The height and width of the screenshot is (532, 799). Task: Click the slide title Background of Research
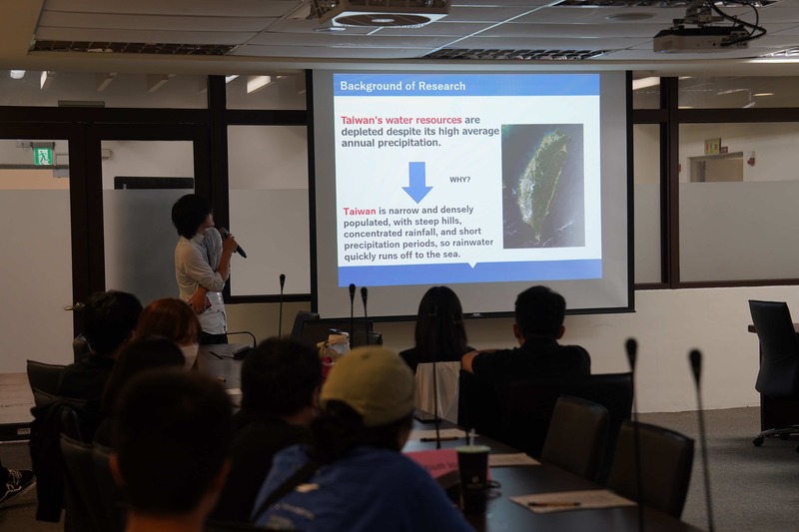[x=402, y=86]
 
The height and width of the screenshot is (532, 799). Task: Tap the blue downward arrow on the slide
[x=417, y=182]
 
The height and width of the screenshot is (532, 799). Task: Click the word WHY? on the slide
[x=459, y=180]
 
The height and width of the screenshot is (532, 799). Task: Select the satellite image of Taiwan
[x=542, y=186]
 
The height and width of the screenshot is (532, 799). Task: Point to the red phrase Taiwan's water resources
[x=401, y=120]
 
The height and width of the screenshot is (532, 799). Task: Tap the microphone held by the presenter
[x=233, y=243]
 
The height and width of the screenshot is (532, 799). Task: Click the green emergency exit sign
[x=43, y=156]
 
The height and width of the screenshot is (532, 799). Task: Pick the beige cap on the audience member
[x=368, y=384]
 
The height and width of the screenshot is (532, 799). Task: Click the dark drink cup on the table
[x=472, y=477]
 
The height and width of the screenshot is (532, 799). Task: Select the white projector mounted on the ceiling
[x=701, y=39]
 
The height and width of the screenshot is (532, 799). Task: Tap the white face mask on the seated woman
[x=191, y=355]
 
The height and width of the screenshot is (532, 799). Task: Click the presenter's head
[x=192, y=216]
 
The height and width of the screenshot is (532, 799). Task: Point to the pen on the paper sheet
[x=554, y=504]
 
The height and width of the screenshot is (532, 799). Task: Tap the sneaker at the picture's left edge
[x=17, y=487]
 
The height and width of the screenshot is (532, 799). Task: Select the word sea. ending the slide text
[x=447, y=255]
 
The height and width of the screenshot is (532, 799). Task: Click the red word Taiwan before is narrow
[x=360, y=212]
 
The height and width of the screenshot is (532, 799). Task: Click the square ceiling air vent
[x=383, y=20]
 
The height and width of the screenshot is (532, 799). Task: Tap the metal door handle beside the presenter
[x=74, y=306]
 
